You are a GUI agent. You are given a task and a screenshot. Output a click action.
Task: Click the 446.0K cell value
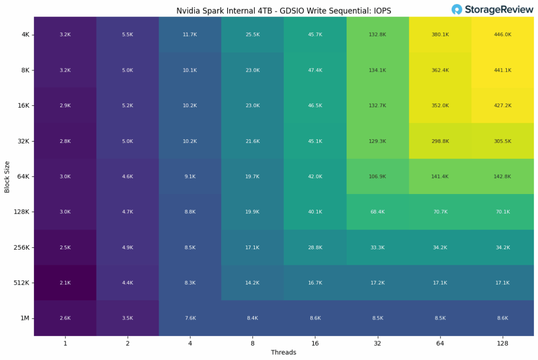tap(503, 34)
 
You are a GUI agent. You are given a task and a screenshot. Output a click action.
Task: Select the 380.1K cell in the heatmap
tap(440, 34)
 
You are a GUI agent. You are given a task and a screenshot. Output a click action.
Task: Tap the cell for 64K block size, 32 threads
tap(378, 177)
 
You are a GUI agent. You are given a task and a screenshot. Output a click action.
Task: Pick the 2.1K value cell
tap(65, 283)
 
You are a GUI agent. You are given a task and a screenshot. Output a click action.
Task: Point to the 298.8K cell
tap(440, 141)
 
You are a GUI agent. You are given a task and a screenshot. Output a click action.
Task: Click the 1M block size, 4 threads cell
tap(190, 318)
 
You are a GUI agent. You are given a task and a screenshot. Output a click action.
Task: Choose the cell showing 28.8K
tap(315, 247)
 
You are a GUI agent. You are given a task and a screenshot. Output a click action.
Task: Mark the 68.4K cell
tap(378, 212)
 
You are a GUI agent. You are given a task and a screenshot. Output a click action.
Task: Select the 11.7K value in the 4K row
tap(190, 34)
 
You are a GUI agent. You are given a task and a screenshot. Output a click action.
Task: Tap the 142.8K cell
tap(503, 177)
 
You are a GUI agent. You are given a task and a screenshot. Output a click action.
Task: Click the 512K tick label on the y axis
tap(22, 283)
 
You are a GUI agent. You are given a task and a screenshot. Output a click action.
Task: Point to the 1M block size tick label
tap(25, 318)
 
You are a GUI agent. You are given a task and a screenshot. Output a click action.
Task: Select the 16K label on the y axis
tap(23, 105)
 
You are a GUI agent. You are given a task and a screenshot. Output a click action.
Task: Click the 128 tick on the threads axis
tap(503, 343)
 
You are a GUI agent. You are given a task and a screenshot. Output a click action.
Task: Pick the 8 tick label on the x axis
tap(252, 343)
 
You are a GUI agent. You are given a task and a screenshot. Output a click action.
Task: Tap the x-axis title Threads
tap(284, 353)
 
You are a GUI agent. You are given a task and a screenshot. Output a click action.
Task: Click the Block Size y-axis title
tap(7, 177)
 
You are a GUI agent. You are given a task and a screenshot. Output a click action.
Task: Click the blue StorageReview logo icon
tap(457, 9)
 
